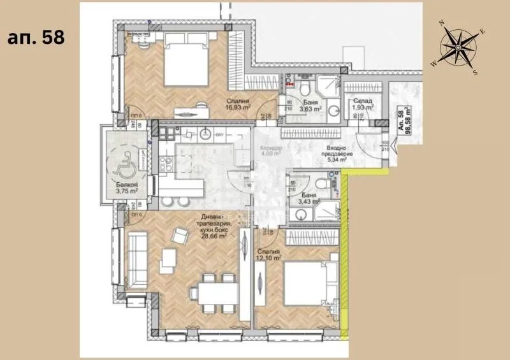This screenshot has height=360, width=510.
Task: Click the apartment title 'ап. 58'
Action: point(36,37)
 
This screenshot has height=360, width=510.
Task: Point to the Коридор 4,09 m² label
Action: point(271,151)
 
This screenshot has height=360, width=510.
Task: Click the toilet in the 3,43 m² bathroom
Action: point(326,184)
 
